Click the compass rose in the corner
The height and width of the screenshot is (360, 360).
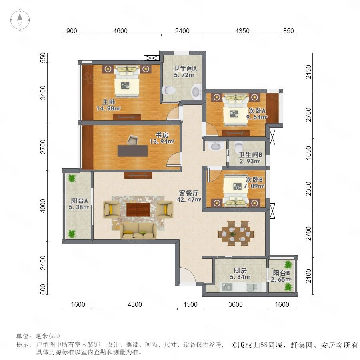(20, 20)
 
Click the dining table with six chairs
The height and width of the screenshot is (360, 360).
(236, 234)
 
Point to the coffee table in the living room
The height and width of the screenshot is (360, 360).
(138, 209)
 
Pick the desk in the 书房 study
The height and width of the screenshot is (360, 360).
(132, 151)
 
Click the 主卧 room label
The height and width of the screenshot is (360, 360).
(108, 102)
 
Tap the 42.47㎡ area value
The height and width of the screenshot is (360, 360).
(189, 200)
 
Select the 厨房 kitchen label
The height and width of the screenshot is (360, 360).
(240, 270)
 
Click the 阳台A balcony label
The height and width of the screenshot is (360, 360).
(79, 200)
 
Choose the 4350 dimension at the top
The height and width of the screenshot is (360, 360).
(242, 31)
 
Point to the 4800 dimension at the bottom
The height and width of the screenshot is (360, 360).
(135, 304)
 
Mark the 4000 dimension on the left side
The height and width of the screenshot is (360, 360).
(43, 206)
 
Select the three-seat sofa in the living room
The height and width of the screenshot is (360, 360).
(138, 230)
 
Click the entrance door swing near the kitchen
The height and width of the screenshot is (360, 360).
(187, 276)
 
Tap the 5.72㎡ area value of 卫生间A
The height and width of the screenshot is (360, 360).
(184, 75)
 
